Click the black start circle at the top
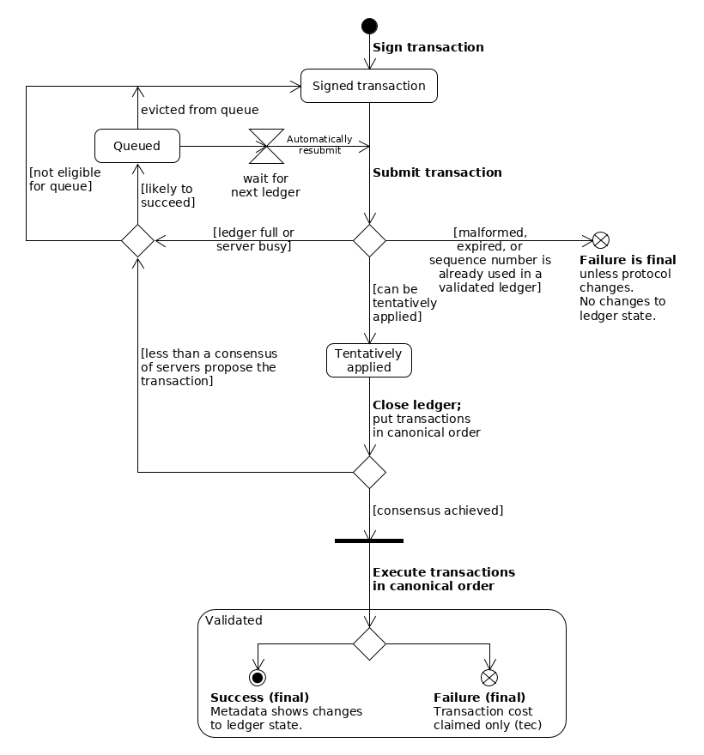tap(369, 26)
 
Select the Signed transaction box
tap(369, 86)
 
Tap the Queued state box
tap(137, 146)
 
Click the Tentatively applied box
tap(369, 360)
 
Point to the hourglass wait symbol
tap(266, 146)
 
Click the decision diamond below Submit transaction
tap(369, 240)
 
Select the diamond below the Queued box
tap(137, 240)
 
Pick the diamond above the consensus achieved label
tap(369, 472)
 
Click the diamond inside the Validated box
tap(369, 643)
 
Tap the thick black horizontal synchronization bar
tap(369, 541)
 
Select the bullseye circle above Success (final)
tap(258, 678)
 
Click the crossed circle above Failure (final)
tap(489, 678)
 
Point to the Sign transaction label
tap(428, 47)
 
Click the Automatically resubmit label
tap(319, 144)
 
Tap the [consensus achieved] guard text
tap(438, 510)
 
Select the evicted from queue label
tap(199, 110)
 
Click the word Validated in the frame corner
tap(234, 620)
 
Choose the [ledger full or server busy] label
tap(253, 239)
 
